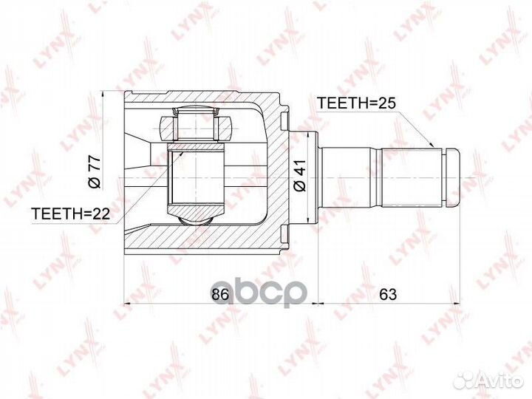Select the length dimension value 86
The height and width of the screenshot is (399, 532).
click(219, 294)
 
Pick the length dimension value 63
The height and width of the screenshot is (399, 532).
click(388, 294)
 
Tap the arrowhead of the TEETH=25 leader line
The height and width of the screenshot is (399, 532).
click(432, 147)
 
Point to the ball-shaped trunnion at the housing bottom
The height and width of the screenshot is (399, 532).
click(195, 217)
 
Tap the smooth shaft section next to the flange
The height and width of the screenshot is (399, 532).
click(351, 177)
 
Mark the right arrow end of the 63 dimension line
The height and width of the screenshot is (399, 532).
click(459, 304)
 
